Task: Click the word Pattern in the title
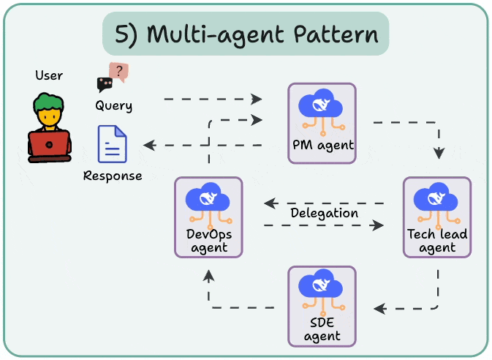click(x=336, y=34)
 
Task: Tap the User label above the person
click(x=49, y=75)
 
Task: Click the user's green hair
click(x=49, y=102)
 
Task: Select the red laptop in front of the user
click(x=49, y=146)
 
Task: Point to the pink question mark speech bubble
click(x=119, y=72)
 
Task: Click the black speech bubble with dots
click(x=105, y=84)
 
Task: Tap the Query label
click(x=113, y=105)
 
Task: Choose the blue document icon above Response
click(x=113, y=144)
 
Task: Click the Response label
click(x=113, y=176)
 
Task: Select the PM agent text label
click(x=323, y=145)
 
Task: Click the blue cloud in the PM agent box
click(x=320, y=103)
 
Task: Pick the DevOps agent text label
click(x=209, y=241)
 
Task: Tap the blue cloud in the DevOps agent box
click(x=208, y=197)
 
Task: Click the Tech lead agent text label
click(x=437, y=241)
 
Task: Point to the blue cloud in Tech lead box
click(x=436, y=197)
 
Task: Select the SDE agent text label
click(x=322, y=329)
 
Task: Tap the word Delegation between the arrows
click(x=324, y=213)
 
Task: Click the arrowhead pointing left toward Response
click(x=150, y=145)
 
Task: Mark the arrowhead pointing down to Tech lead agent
click(x=439, y=154)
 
